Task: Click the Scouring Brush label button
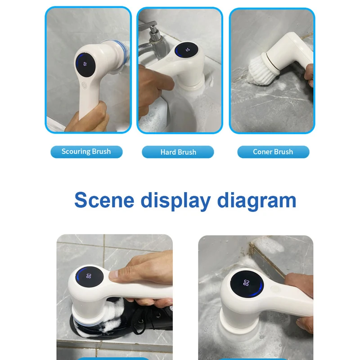[x=86, y=152]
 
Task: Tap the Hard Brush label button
[x=178, y=152]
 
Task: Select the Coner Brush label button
[x=273, y=152]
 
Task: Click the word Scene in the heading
[x=104, y=200]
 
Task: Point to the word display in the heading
[x=175, y=201]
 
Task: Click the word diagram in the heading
[x=256, y=201]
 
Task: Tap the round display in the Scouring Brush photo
[x=85, y=65]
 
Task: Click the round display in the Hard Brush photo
[x=186, y=50]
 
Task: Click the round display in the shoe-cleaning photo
[x=89, y=276]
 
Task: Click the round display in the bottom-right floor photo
[x=247, y=284]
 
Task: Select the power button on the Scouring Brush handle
[x=85, y=85]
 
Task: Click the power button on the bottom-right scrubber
[x=275, y=289]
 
